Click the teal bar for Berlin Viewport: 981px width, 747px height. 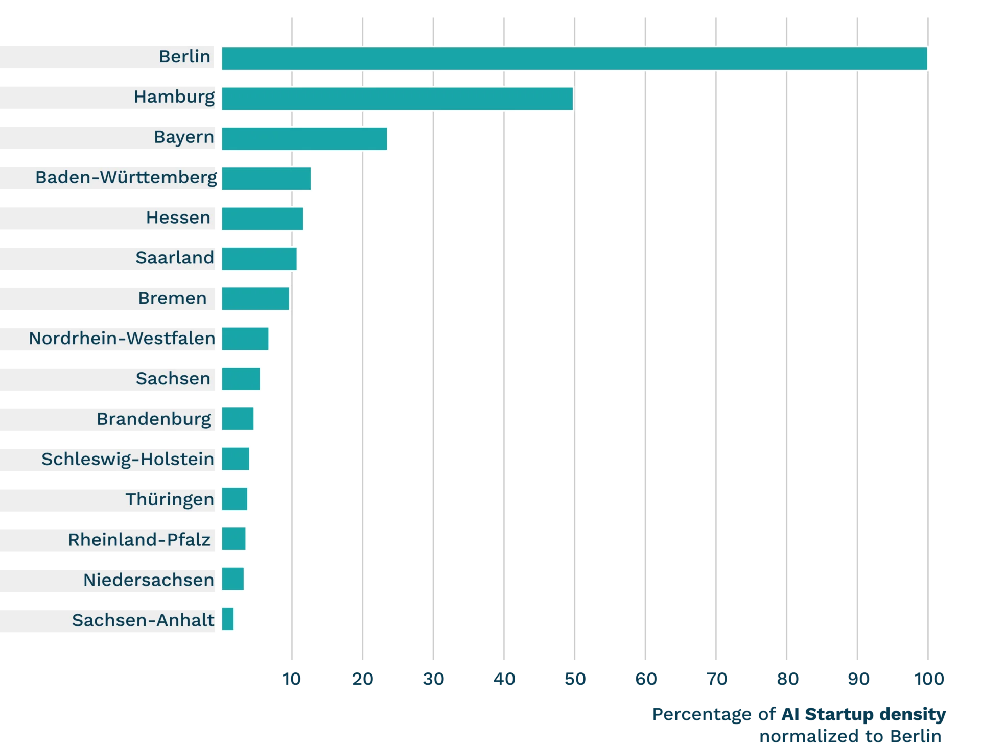point(574,59)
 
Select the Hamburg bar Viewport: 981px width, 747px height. point(397,99)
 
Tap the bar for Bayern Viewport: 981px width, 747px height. point(305,139)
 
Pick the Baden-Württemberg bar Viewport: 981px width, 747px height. point(266,179)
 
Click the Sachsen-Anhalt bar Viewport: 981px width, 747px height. point(228,619)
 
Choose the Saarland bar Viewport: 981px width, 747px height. point(260,259)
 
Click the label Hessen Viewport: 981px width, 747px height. point(178,218)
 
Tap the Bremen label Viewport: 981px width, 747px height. point(172,298)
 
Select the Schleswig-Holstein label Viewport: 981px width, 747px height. point(128,459)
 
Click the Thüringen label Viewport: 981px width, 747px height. point(170,499)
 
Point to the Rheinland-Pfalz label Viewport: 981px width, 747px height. point(139,540)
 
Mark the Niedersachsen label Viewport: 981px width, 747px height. point(148,580)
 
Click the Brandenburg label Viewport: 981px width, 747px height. point(153,419)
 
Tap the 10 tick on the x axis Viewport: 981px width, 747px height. point(292,679)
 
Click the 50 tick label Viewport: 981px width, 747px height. point(575,679)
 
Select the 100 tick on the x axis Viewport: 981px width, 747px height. point(928,679)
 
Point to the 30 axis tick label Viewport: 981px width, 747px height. point(433,679)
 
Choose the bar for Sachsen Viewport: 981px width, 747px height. point(241,379)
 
